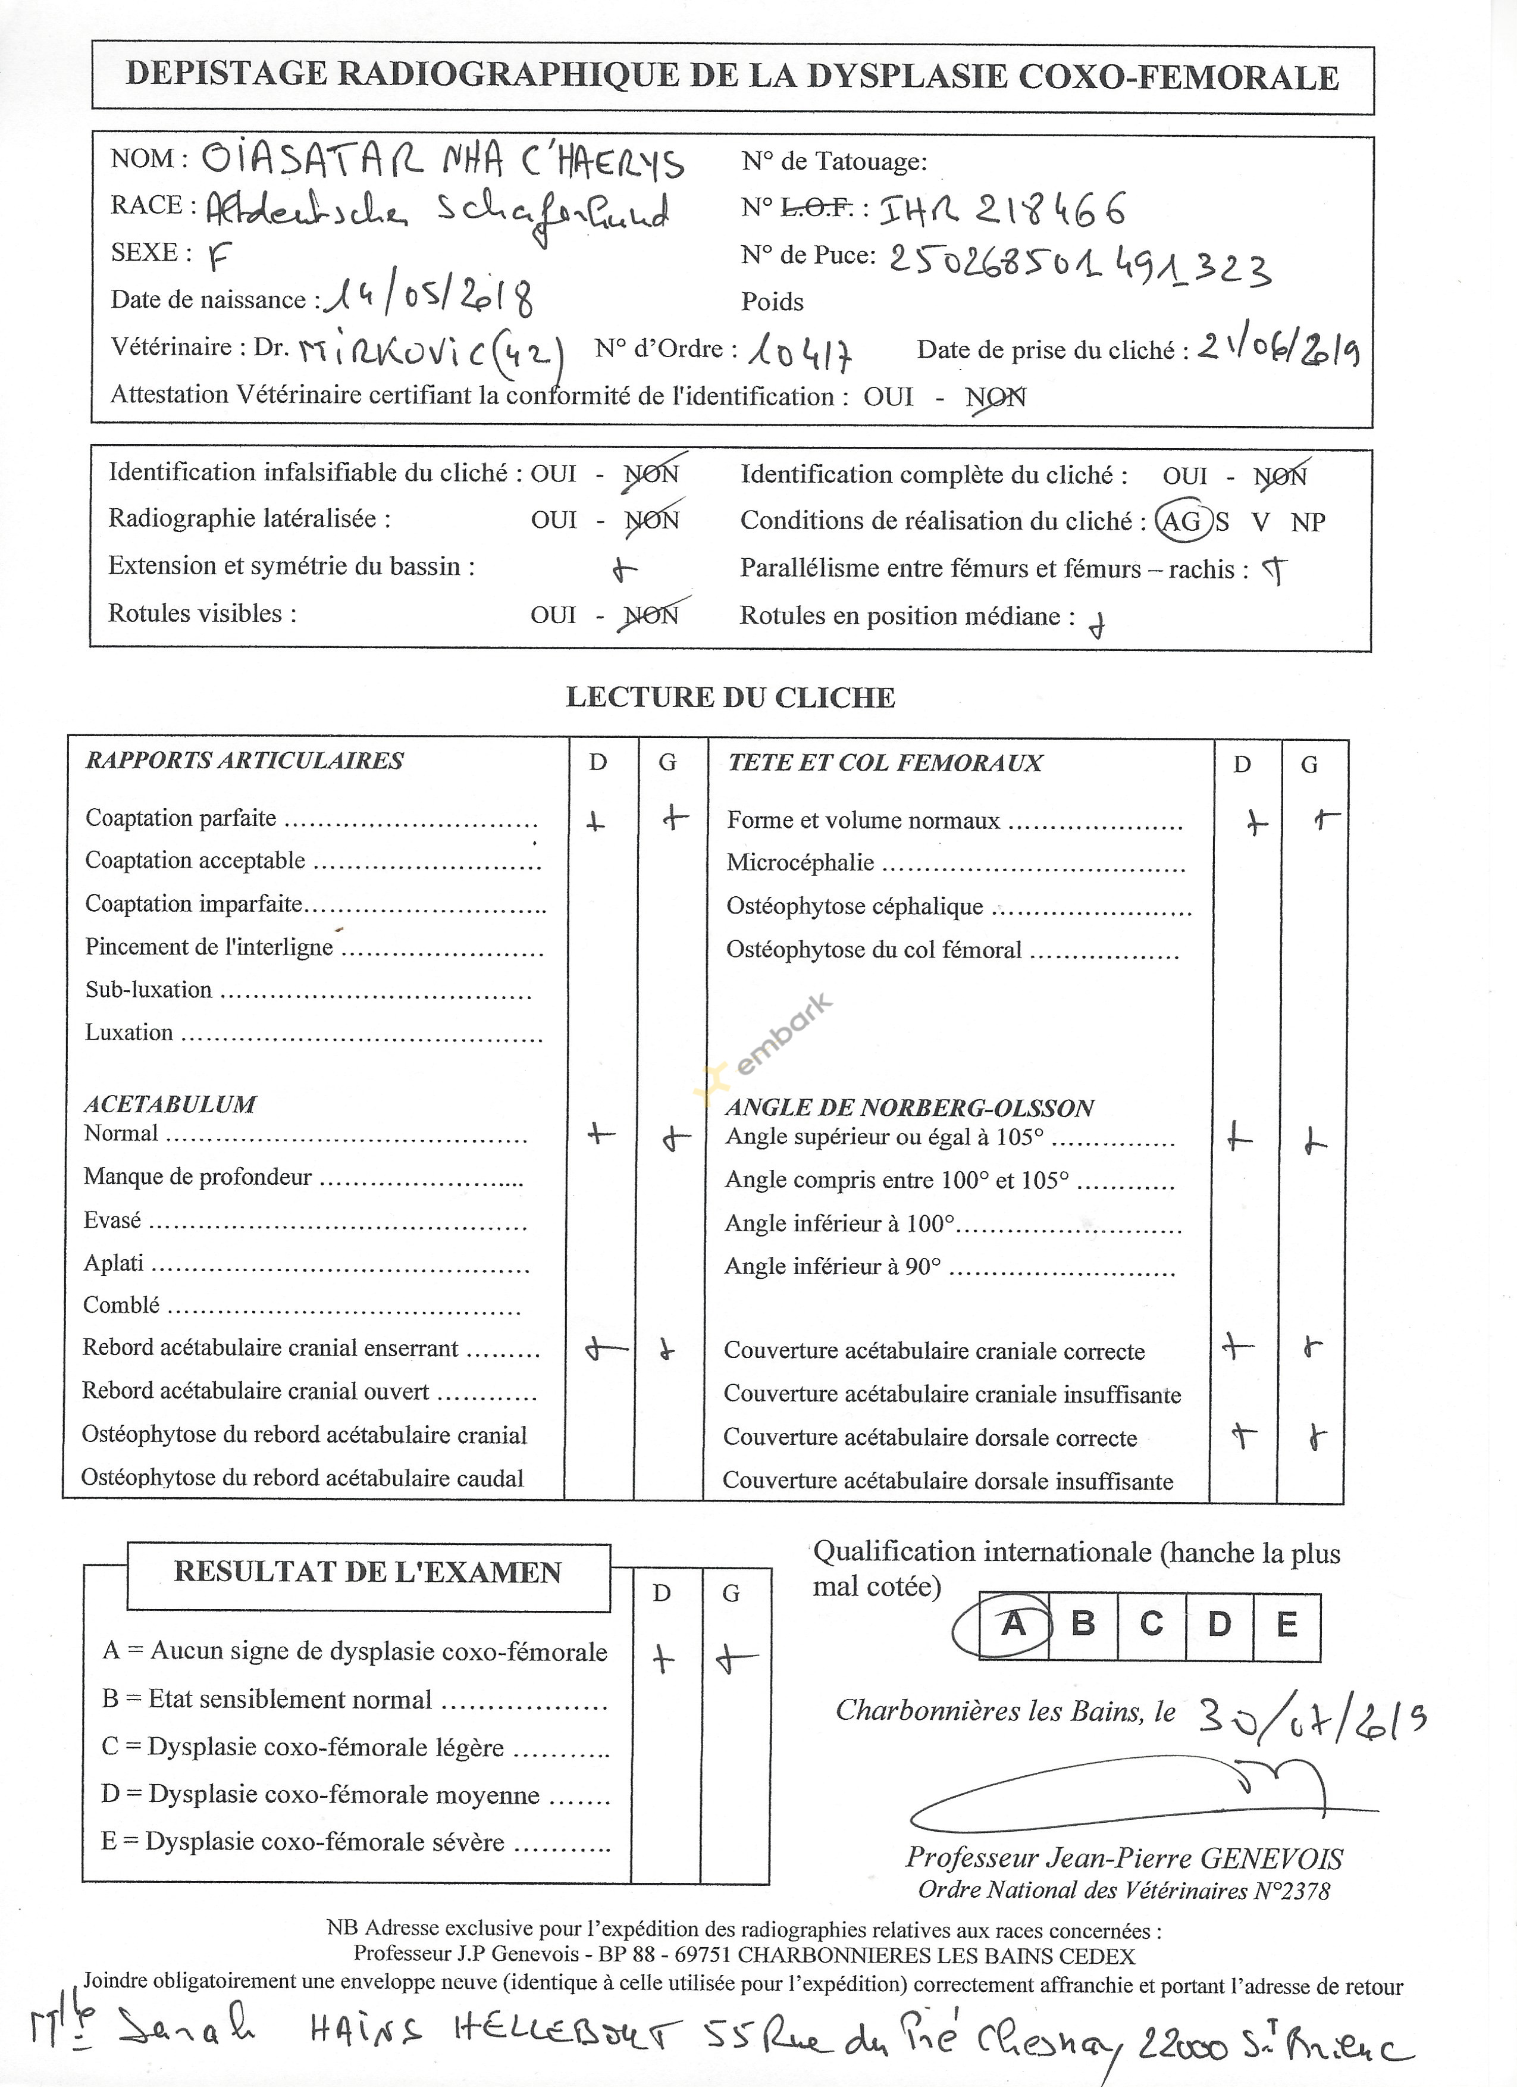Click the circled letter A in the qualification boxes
coord(1013,1624)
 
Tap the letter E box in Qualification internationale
coord(1286,1625)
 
